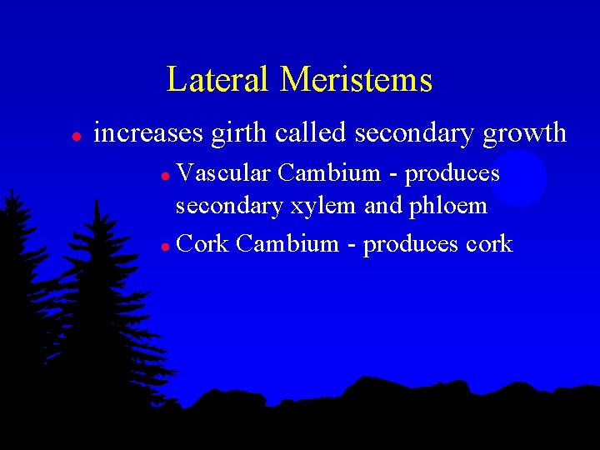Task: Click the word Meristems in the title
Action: [x=356, y=80]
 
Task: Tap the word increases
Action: [x=148, y=132]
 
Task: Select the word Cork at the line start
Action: [x=202, y=244]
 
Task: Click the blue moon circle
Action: [x=517, y=177]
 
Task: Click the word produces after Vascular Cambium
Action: [x=452, y=173]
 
